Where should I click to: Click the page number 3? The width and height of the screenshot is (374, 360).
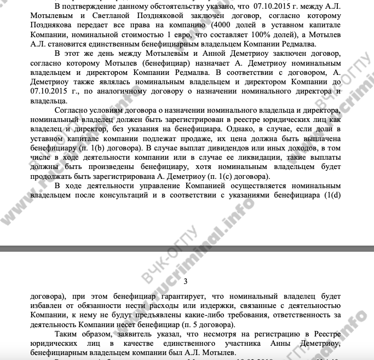pyautogui.click(x=185, y=282)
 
